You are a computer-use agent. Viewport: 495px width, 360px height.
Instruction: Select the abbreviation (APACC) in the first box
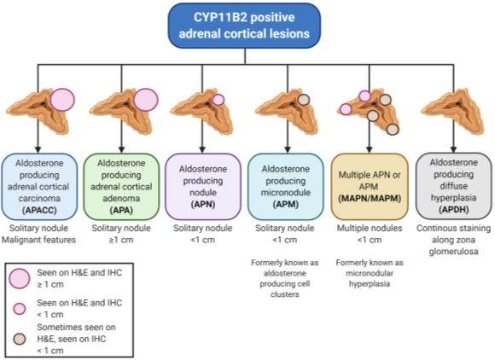[39, 207]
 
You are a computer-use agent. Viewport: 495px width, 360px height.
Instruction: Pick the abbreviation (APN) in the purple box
[203, 195]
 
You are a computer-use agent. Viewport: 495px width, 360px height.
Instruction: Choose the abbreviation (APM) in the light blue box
[286, 195]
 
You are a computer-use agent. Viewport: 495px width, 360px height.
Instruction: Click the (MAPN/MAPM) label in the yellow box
[369, 195]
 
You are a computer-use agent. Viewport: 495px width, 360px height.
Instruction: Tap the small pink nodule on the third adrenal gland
[218, 100]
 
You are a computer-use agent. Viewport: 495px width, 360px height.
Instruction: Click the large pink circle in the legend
[20, 277]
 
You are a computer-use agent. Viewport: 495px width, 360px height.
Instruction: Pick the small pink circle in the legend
[20, 305]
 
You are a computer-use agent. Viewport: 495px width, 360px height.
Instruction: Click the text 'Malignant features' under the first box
[39, 240]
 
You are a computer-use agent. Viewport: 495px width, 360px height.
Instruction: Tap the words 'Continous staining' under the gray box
[453, 229]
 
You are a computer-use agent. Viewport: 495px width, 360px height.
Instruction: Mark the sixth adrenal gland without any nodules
[453, 111]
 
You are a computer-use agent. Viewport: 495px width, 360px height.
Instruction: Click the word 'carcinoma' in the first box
[39, 195]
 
